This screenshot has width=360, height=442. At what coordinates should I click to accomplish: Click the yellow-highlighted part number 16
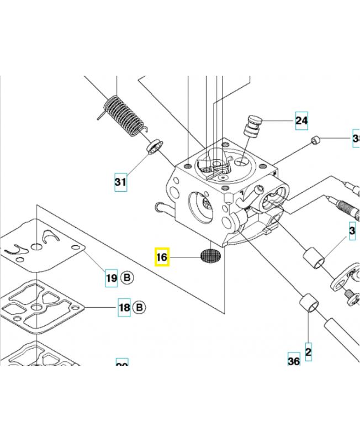click(x=162, y=257)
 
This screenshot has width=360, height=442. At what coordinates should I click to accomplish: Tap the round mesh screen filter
click(x=210, y=256)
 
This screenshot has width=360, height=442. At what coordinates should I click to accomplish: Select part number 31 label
click(x=120, y=181)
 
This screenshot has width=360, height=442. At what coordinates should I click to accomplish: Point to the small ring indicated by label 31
click(x=155, y=146)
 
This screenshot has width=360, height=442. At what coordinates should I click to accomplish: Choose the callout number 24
click(x=301, y=120)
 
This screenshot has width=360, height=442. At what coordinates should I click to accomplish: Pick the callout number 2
click(x=308, y=350)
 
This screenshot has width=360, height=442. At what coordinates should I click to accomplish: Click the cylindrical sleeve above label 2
click(x=308, y=306)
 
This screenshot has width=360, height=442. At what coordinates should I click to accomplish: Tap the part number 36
click(x=294, y=361)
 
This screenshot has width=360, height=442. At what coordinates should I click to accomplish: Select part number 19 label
click(x=112, y=278)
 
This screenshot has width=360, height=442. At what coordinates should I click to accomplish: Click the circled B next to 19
click(x=126, y=278)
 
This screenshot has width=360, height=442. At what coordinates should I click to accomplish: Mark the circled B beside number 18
click(x=139, y=307)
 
